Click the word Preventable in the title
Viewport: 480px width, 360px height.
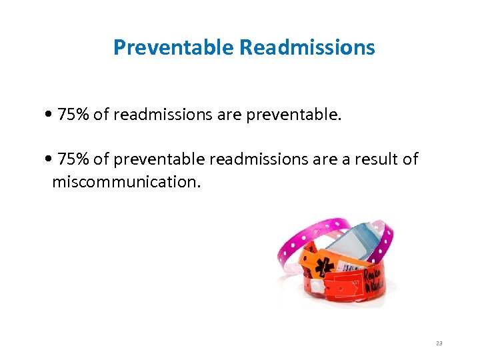click(x=173, y=47)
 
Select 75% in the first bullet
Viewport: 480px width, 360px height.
click(x=73, y=115)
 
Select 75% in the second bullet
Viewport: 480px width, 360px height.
click(x=73, y=159)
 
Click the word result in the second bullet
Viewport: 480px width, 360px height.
click(x=376, y=159)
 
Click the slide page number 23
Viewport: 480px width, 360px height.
click(x=439, y=343)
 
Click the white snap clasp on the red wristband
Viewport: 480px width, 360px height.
click(x=319, y=285)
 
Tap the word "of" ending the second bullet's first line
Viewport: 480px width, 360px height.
click(x=410, y=159)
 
